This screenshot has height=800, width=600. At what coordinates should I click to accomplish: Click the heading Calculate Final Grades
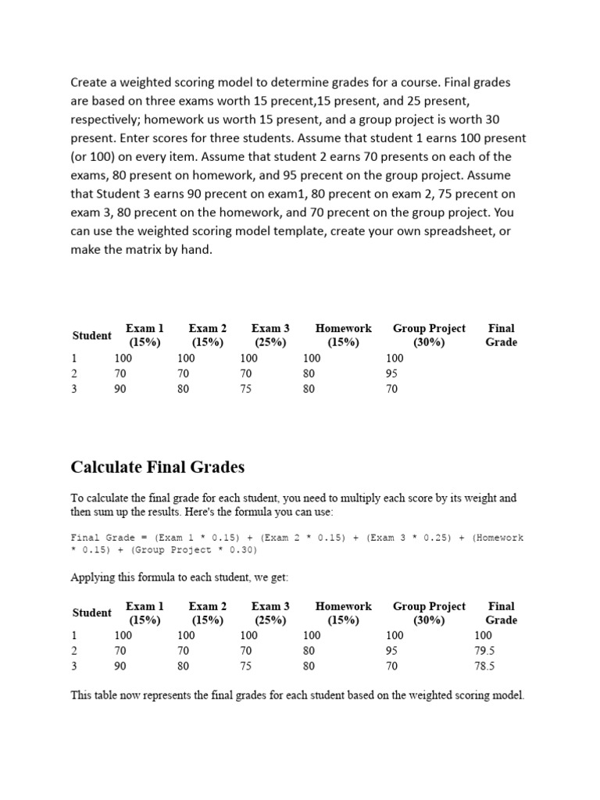pyautogui.click(x=157, y=467)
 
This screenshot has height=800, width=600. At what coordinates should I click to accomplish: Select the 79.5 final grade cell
pyautogui.click(x=485, y=651)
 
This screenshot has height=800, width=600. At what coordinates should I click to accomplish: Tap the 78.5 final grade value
pyautogui.click(x=485, y=666)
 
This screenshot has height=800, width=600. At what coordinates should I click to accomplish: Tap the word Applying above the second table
pyautogui.click(x=94, y=577)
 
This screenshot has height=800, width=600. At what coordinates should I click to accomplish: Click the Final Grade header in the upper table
pyautogui.click(x=501, y=335)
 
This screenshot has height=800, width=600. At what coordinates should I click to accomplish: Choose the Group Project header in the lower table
pyautogui.click(x=429, y=613)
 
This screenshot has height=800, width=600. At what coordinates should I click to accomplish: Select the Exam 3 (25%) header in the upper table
pyautogui.click(x=270, y=335)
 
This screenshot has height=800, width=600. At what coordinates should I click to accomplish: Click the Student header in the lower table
pyautogui.click(x=91, y=613)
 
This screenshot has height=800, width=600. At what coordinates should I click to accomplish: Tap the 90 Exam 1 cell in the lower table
pyautogui.click(x=120, y=666)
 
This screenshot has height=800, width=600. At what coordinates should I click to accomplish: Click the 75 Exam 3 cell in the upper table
pyautogui.click(x=246, y=389)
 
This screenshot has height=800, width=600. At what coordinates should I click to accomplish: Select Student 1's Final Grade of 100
pyautogui.click(x=483, y=636)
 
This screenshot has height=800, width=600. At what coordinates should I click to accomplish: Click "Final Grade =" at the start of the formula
pyautogui.click(x=109, y=537)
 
